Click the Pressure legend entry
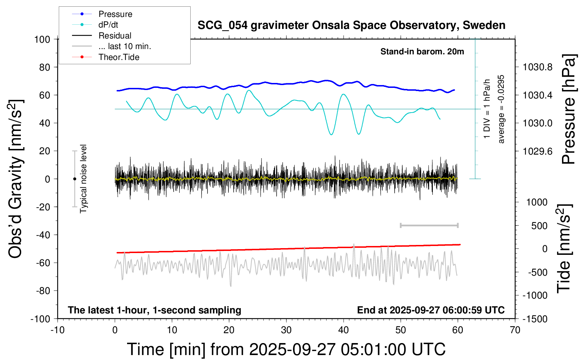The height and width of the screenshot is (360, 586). click(115, 14)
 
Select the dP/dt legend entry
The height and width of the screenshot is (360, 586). click(108, 25)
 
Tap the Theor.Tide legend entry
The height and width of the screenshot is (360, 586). click(119, 57)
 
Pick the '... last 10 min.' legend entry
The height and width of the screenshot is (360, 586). click(125, 46)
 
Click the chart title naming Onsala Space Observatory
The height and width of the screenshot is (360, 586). click(351, 25)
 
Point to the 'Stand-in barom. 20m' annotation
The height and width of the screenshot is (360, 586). click(422, 52)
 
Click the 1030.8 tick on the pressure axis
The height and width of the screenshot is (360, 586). click(537, 67)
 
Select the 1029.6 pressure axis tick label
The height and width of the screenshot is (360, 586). click(537, 151)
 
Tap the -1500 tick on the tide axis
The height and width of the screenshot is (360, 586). click(535, 319)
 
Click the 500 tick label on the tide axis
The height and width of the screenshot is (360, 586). click(539, 226)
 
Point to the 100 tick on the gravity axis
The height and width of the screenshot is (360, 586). click(42, 39)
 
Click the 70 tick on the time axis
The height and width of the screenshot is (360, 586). click(515, 330)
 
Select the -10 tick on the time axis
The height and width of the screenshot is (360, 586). click(58, 330)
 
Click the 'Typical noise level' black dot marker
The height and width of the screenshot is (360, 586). click(74, 179)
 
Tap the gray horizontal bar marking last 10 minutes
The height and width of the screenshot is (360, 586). click(429, 225)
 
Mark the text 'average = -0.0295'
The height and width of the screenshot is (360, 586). click(501, 109)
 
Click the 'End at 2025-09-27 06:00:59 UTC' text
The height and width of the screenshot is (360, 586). click(431, 310)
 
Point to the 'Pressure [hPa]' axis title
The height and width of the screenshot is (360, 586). click(569, 109)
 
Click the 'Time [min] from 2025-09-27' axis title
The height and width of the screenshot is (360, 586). click(286, 349)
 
